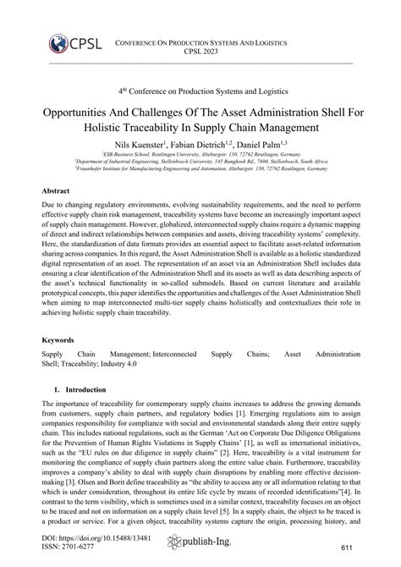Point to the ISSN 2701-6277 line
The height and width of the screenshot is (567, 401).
pyautogui.click(x=73, y=548)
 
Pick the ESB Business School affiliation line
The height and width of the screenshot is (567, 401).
pyautogui.click(x=200, y=156)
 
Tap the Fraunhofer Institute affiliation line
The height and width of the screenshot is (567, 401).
pyautogui.click(x=200, y=169)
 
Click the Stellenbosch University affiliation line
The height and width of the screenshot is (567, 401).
pyautogui.click(x=200, y=162)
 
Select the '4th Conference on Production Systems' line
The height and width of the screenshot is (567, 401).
pyautogui.click(x=200, y=90)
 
